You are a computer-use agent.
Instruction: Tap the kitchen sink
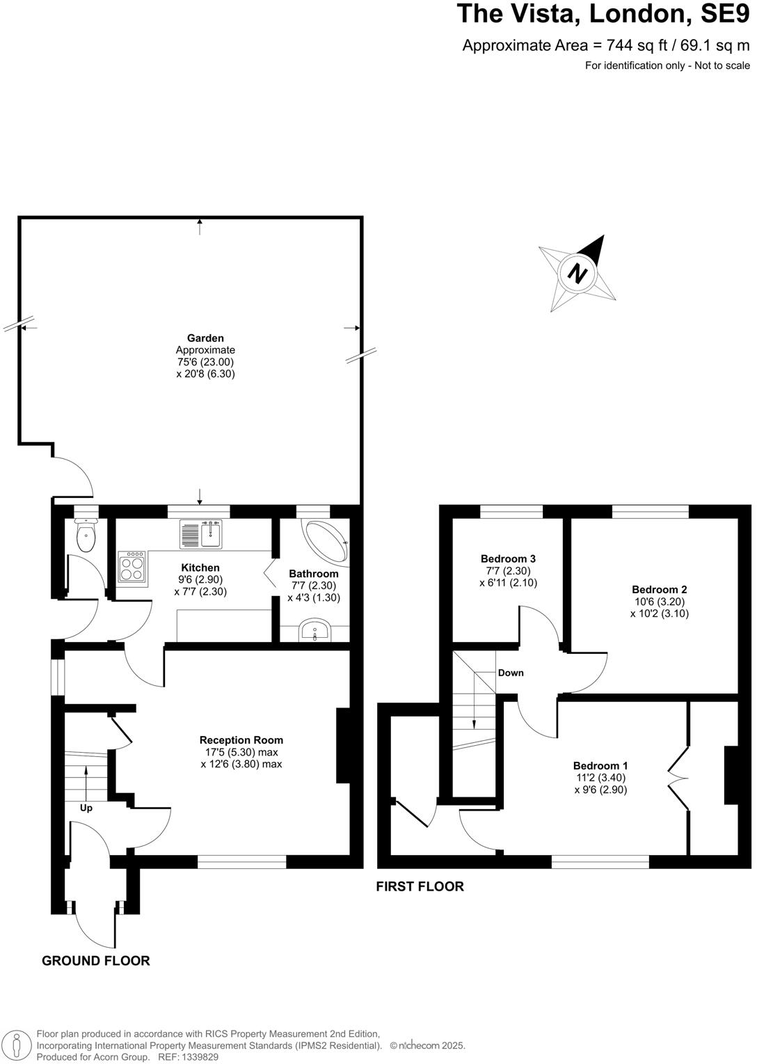pos(200,534)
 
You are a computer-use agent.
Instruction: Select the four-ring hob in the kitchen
pos(132,567)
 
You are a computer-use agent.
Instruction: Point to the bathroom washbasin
pos(315,632)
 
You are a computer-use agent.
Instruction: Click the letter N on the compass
pos(576,272)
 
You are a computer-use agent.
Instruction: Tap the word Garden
pos(205,338)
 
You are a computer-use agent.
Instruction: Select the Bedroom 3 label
pos(508,558)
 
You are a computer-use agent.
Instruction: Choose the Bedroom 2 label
pos(660,590)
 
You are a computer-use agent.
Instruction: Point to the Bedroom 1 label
pos(601,766)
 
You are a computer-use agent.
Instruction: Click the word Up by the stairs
pos(86,808)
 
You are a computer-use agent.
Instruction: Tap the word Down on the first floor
pos(511,673)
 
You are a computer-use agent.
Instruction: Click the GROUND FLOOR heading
pos(96,961)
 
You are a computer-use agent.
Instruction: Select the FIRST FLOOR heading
pos(420,886)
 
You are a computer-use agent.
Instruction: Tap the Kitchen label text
pos(200,568)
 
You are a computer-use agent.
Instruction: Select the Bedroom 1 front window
pos(600,862)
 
